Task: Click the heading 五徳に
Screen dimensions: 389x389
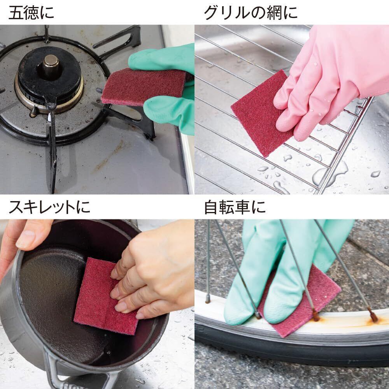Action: (31, 12)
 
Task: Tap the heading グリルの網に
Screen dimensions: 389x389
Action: (251, 12)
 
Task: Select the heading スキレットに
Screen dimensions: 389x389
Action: (49, 207)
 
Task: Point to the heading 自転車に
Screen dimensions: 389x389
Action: (235, 207)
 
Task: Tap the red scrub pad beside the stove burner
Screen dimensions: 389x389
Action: (144, 86)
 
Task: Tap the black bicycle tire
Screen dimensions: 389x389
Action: (293, 347)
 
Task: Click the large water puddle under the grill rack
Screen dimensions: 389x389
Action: (330, 173)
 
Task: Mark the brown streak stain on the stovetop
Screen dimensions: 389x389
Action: (109, 157)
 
